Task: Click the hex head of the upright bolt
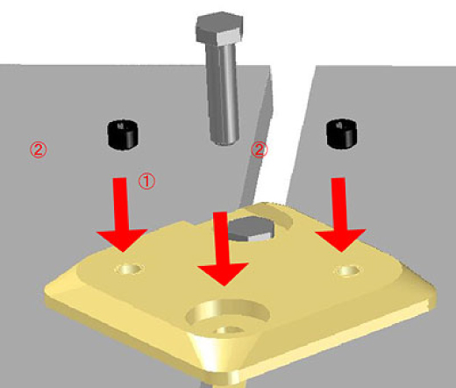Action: point(219,28)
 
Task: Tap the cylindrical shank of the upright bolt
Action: point(223,94)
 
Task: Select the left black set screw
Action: point(123,134)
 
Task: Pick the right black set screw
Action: point(342,133)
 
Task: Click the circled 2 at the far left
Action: point(39,149)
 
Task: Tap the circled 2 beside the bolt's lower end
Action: point(259,149)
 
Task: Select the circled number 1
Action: point(146,181)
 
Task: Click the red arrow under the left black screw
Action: point(122,214)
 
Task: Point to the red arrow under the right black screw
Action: point(340,214)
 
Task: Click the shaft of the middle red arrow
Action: point(221,238)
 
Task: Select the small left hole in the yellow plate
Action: point(129,269)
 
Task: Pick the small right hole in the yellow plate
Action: point(348,270)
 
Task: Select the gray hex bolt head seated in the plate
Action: point(251,229)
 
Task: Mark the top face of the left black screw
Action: point(123,126)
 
